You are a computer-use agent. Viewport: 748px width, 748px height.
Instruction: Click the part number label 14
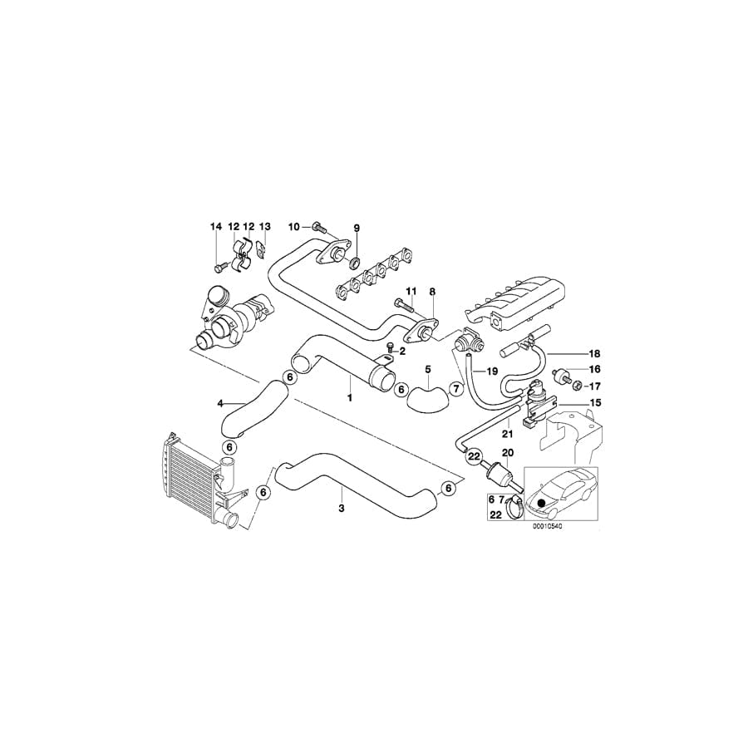[x=216, y=227]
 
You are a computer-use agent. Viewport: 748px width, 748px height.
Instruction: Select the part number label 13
[x=265, y=227]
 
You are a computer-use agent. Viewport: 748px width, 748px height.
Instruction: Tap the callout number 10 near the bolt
[x=293, y=227]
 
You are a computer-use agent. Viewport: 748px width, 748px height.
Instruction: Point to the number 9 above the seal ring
[x=357, y=228]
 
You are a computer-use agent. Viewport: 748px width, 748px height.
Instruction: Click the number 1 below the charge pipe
[x=351, y=398]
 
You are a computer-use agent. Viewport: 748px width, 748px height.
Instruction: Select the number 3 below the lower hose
[x=341, y=505]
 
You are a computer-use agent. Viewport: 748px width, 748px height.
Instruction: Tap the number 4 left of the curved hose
[x=220, y=403]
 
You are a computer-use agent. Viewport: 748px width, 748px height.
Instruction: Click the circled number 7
[x=455, y=389]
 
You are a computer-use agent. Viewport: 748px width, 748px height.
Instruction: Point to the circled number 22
[x=474, y=455]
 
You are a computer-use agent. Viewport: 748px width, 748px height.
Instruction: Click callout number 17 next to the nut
[x=593, y=386]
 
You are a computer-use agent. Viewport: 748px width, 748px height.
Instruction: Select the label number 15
[x=593, y=403]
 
